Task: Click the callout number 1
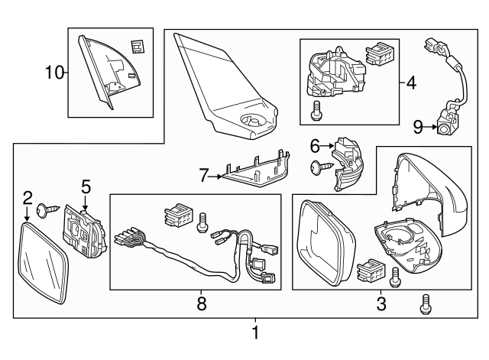255,334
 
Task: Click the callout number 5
86,185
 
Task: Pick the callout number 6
315,144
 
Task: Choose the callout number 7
204,176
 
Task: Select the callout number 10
55,73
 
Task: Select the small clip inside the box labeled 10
137,46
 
